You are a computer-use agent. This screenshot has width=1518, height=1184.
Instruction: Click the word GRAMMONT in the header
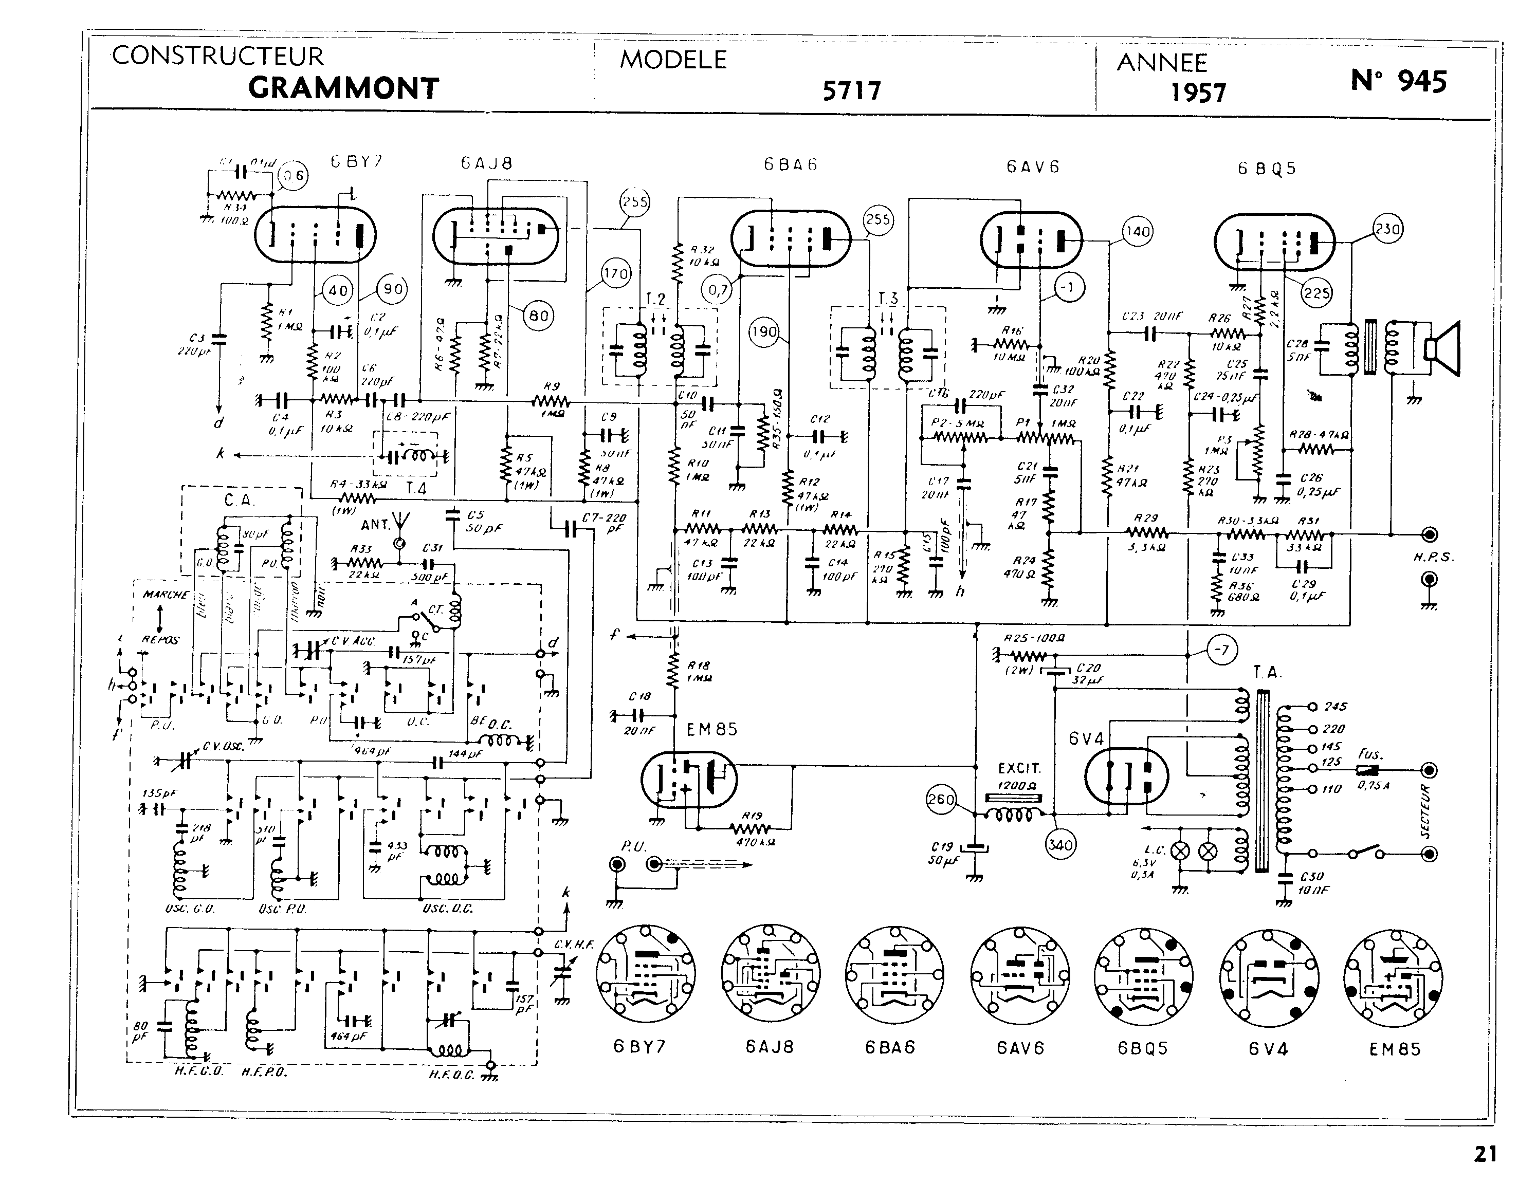click(343, 88)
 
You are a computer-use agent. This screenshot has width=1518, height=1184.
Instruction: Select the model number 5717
click(851, 90)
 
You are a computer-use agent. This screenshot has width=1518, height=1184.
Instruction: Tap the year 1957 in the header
click(1198, 92)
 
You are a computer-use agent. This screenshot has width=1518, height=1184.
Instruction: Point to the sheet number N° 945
click(1398, 81)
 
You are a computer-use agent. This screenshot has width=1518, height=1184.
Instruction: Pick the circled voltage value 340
click(1060, 844)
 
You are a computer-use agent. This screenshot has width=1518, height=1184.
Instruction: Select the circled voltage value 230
click(1387, 229)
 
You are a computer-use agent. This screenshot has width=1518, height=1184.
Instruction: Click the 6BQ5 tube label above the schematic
click(1267, 169)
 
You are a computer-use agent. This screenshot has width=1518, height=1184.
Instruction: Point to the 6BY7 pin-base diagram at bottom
click(645, 974)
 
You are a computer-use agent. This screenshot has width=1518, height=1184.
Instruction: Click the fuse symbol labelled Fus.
click(1368, 770)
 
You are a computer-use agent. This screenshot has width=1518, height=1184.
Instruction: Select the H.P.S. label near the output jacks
click(1433, 557)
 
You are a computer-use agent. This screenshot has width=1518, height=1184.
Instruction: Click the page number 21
click(1485, 1154)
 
